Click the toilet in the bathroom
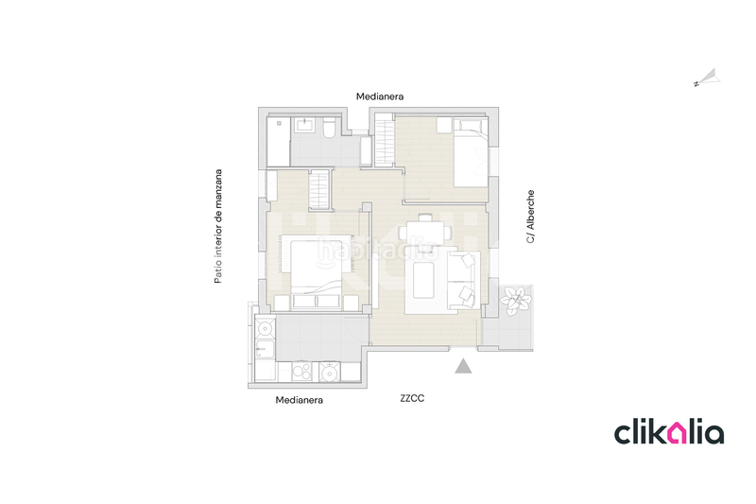[328, 128]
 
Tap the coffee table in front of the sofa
[424, 280]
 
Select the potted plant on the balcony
[516, 301]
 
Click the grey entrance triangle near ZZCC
[463, 367]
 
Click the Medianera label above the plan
[381, 96]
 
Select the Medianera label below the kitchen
[300, 400]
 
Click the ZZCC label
[412, 399]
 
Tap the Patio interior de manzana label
[218, 227]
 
